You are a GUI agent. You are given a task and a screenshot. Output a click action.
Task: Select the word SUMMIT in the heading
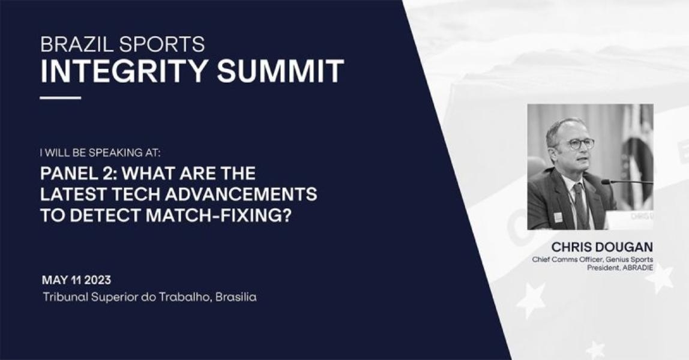(280, 71)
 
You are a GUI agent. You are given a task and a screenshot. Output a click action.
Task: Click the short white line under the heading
(61, 97)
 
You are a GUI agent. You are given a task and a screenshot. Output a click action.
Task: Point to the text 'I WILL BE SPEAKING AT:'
(100, 153)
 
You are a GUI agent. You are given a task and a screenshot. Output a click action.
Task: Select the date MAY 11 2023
(76, 280)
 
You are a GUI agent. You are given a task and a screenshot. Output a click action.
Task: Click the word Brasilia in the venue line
(236, 297)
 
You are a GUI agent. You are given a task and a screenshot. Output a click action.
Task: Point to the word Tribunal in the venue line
(65, 297)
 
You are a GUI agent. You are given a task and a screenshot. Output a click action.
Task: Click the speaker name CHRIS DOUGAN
(602, 246)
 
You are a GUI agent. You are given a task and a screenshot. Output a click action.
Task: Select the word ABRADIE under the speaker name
(638, 268)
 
